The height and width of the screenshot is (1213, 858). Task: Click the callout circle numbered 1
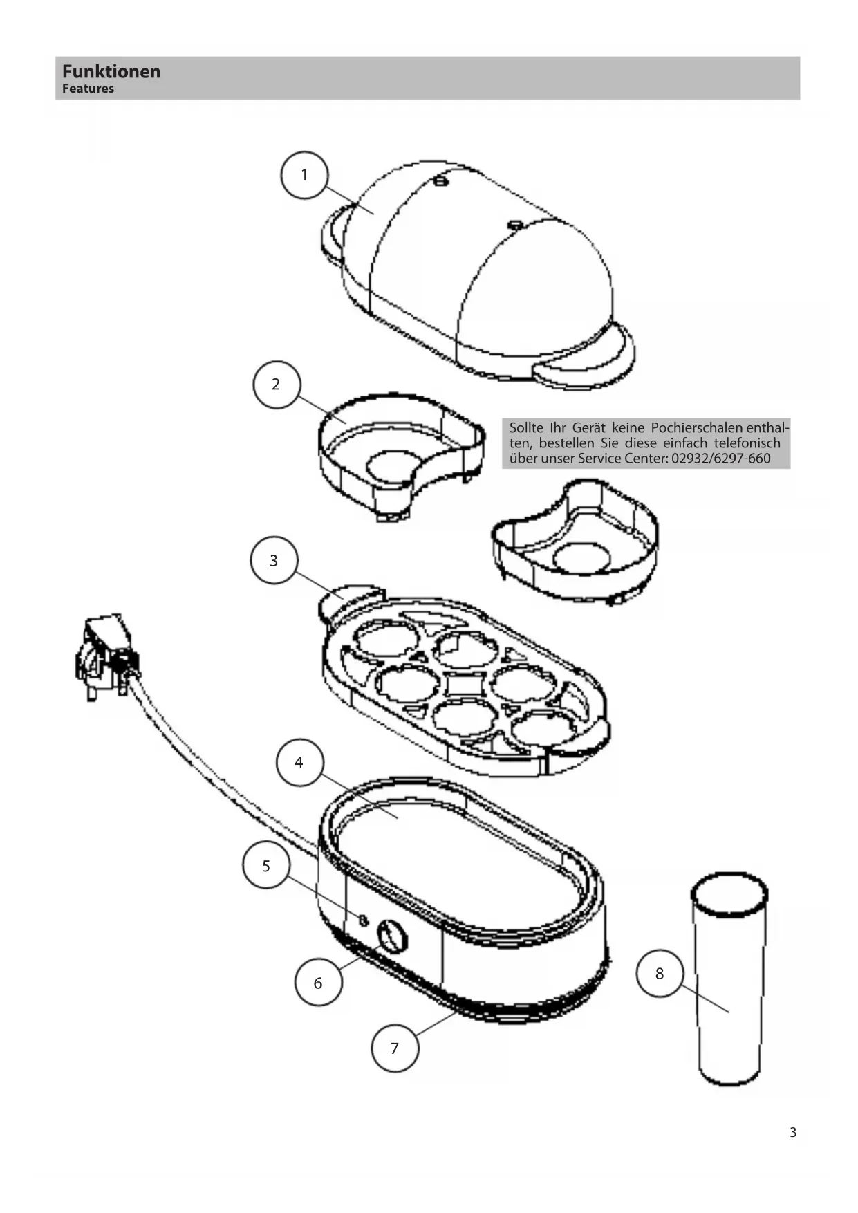click(x=304, y=176)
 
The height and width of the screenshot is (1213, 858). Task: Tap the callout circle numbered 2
click(x=277, y=385)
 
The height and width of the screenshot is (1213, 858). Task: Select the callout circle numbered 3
click(x=274, y=560)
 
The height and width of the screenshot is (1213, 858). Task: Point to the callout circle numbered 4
click(x=299, y=763)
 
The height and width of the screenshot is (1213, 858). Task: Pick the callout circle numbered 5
click(x=266, y=867)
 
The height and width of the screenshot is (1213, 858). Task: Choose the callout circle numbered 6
click(x=318, y=983)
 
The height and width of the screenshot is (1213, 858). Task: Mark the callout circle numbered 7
click(x=395, y=1048)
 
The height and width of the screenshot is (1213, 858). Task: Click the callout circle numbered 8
click(x=660, y=974)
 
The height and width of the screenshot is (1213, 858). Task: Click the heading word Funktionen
click(x=111, y=72)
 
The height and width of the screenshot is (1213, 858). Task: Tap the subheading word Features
click(x=88, y=89)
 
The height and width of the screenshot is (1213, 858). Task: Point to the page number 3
click(x=793, y=1133)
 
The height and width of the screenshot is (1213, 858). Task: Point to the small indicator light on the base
click(x=363, y=920)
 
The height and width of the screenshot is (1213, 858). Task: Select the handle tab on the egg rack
click(x=349, y=599)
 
